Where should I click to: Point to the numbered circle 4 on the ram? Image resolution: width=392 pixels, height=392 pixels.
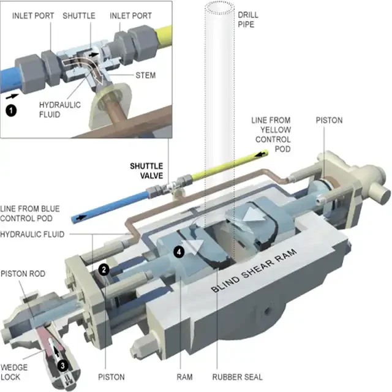(178, 251)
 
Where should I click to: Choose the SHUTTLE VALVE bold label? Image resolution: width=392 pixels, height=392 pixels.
(146, 170)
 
